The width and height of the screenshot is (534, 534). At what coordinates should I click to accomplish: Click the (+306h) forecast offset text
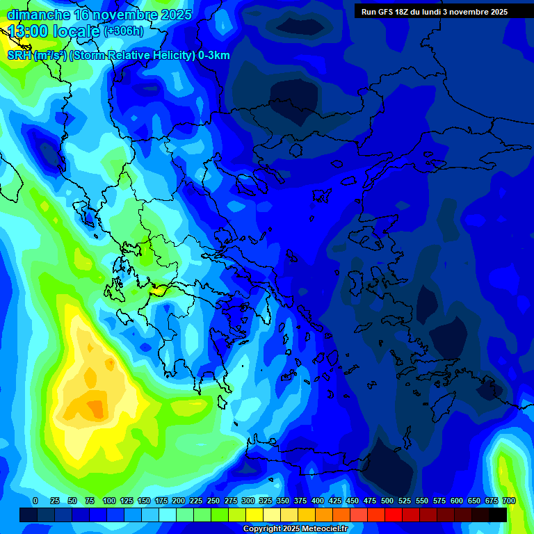tap(124, 31)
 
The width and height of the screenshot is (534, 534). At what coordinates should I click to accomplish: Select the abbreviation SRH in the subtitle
tap(20, 56)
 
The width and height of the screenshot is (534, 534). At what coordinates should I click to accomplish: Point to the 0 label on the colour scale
tap(35, 501)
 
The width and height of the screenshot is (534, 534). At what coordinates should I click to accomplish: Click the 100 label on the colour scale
tap(109, 501)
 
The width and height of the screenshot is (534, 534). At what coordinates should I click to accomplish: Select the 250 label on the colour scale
tap(213, 501)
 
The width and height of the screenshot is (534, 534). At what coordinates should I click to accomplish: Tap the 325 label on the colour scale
tap(266, 501)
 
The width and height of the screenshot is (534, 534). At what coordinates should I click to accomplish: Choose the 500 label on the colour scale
tap(387, 501)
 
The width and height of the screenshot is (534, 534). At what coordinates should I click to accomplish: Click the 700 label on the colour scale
tap(509, 501)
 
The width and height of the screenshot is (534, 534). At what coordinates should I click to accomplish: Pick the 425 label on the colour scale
tap(335, 501)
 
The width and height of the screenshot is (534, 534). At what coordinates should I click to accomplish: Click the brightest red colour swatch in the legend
tap(394, 515)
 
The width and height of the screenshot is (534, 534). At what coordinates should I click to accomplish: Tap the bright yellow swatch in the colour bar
tap(254, 515)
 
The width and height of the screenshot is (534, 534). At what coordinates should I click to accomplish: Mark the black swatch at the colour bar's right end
tap(498, 515)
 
